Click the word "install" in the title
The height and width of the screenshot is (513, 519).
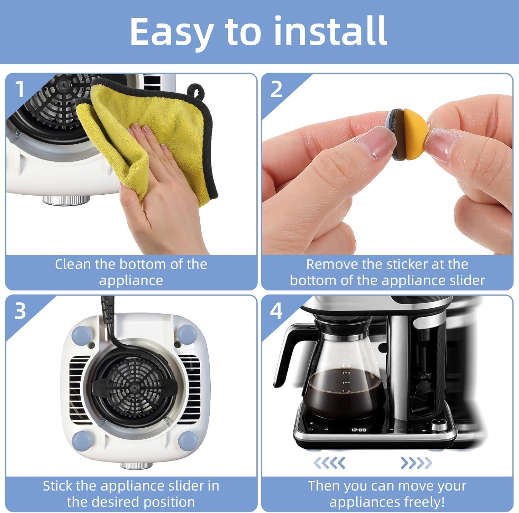pyautogui.click(x=330, y=31)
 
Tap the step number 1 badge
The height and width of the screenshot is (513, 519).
pyautogui.click(x=20, y=89)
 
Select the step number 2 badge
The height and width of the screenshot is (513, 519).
pyautogui.click(x=276, y=89)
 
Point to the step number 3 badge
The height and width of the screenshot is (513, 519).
pyautogui.click(x=20, y=311)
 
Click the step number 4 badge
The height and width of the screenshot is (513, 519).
pyautogui.click(x=276, y=311)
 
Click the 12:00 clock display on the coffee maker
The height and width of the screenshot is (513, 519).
pyautogui.click(x=359, y=430)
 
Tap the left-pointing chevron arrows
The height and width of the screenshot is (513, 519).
pyautogui.click(x=329, y=463)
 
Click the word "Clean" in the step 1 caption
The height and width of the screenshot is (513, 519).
pyautogui.click(x=73, y=264)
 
